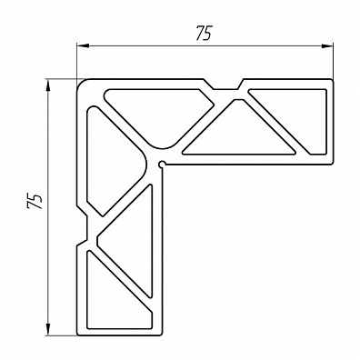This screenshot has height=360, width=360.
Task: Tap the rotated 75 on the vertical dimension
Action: pyautogui.click(x=35, y=201)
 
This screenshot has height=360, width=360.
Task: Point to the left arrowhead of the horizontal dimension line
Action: pyautogui.click(x=82, y=45)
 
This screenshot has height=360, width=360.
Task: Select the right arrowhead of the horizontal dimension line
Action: pyautogui.click(x=327, y=45)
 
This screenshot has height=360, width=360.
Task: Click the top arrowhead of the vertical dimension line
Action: pyautogui.click(x=48, y=85)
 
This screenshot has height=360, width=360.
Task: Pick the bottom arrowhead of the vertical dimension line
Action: pyautogui.click(x=48, y=329)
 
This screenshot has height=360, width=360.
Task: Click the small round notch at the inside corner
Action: pyautogui.click(x=163, y=164)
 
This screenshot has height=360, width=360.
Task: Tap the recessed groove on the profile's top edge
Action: pyautogui.click(x=225, y=85)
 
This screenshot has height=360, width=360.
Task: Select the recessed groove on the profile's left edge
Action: pyautogui.click(x=82, y=226)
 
